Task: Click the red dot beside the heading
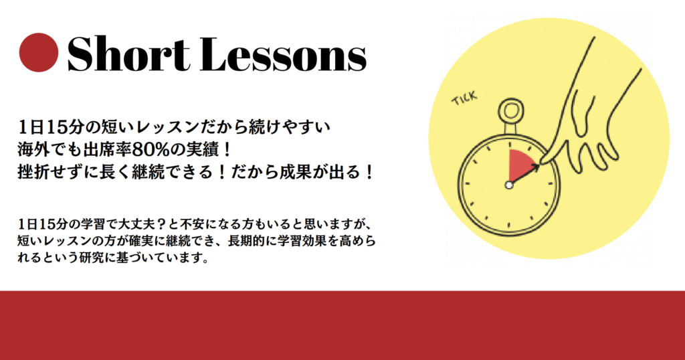39,52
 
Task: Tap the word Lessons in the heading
284,54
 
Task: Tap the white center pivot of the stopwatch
509,185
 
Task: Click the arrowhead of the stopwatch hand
536,167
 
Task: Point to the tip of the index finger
543,163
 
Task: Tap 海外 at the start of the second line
33,150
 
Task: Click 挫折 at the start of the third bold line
33,172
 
